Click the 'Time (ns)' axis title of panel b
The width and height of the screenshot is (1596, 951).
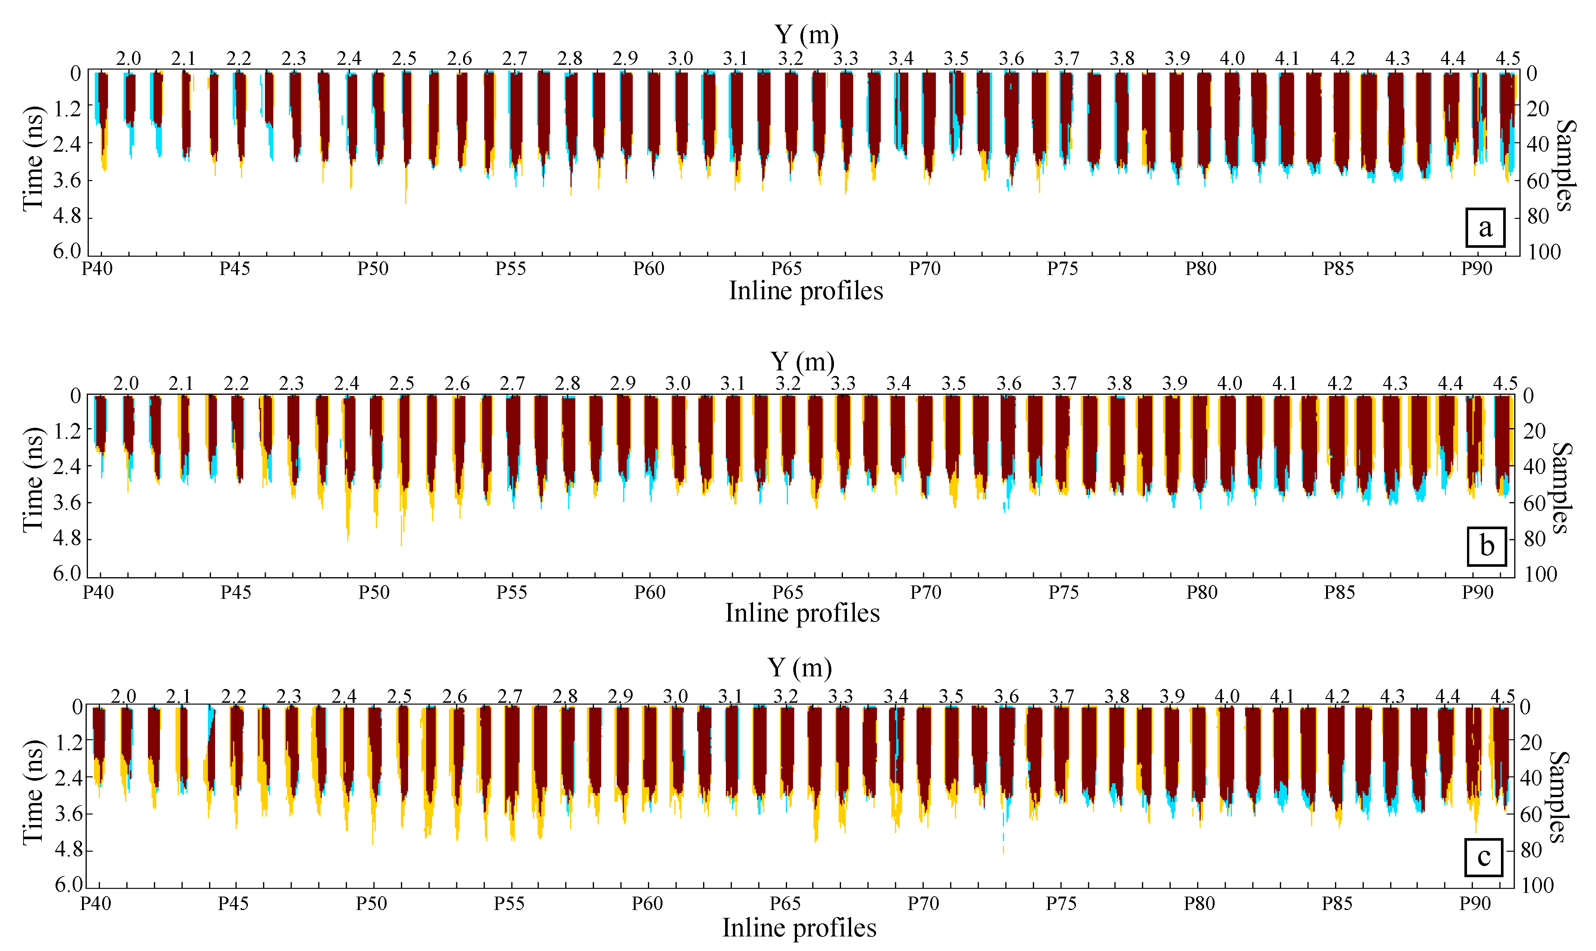click(33, 480)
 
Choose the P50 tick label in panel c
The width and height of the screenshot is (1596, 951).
click(371, 904)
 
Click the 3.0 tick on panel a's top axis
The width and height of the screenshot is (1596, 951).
click(680, 59)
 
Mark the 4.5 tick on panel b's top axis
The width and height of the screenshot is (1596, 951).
click(1505, 384)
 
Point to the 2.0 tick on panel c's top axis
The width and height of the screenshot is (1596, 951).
click(123, 696)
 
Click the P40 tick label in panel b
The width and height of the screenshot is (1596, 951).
click(98, 592)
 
